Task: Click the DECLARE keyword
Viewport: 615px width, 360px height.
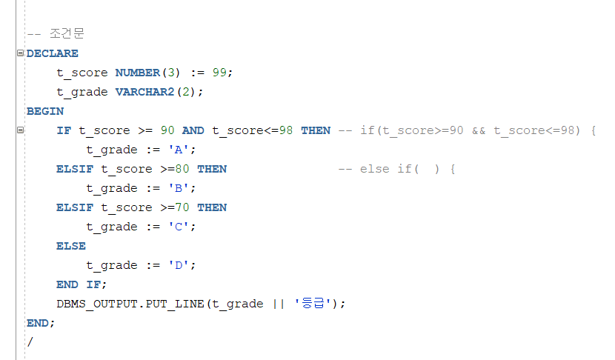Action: [52, 53]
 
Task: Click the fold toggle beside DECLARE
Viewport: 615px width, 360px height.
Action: [20, 53]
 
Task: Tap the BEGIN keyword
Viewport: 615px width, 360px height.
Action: [44, 111]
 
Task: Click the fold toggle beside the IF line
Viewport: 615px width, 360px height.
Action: [20, 130]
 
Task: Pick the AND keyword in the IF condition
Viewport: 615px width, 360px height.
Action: [193, 130]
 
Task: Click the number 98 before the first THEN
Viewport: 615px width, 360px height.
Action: [286, 130]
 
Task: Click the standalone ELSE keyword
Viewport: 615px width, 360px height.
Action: [70, 246]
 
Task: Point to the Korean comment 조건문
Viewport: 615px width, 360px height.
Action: [67, 34]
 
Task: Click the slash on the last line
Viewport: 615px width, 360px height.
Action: [30, 342]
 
